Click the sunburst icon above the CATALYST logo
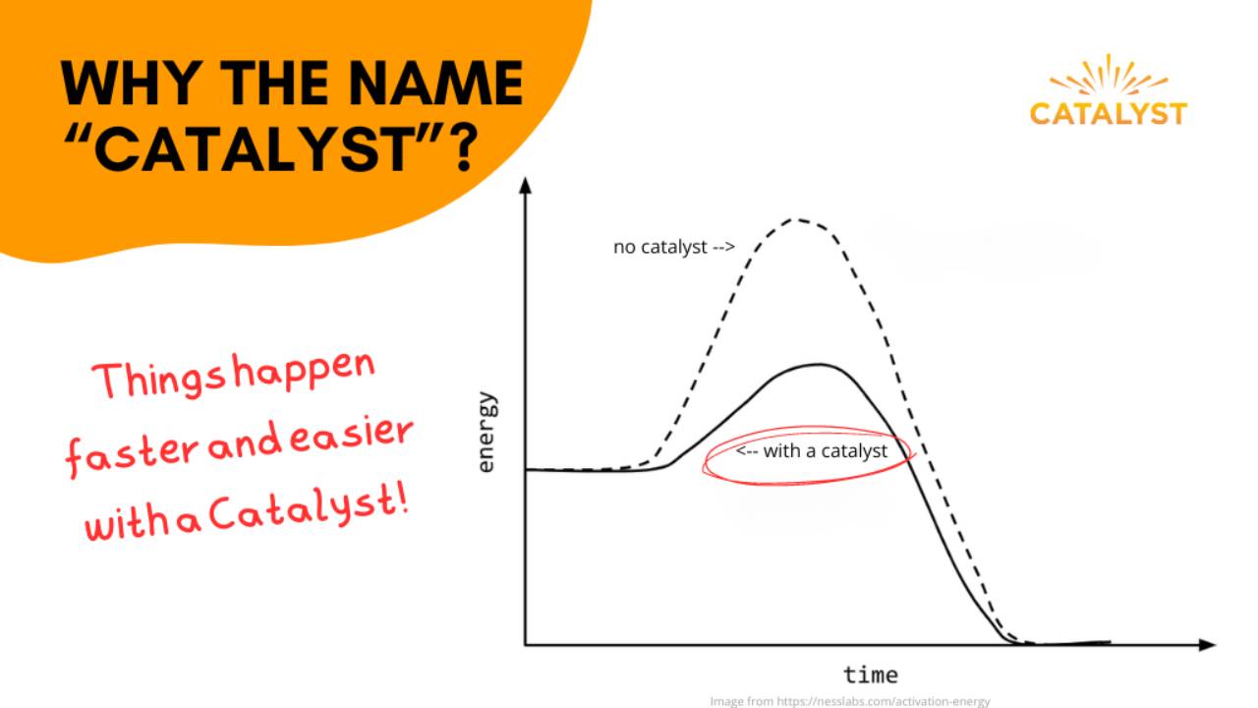[1109, 78]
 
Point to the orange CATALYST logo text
[1109, 113]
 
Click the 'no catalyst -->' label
[674, 247]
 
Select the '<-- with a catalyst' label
[812, 451]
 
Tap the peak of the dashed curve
[798, 219]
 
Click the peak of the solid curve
[818, 365]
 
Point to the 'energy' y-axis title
[487, 434]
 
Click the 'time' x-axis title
[870, 675]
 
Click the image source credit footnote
[849, 701]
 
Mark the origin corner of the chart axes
[526, 645]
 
